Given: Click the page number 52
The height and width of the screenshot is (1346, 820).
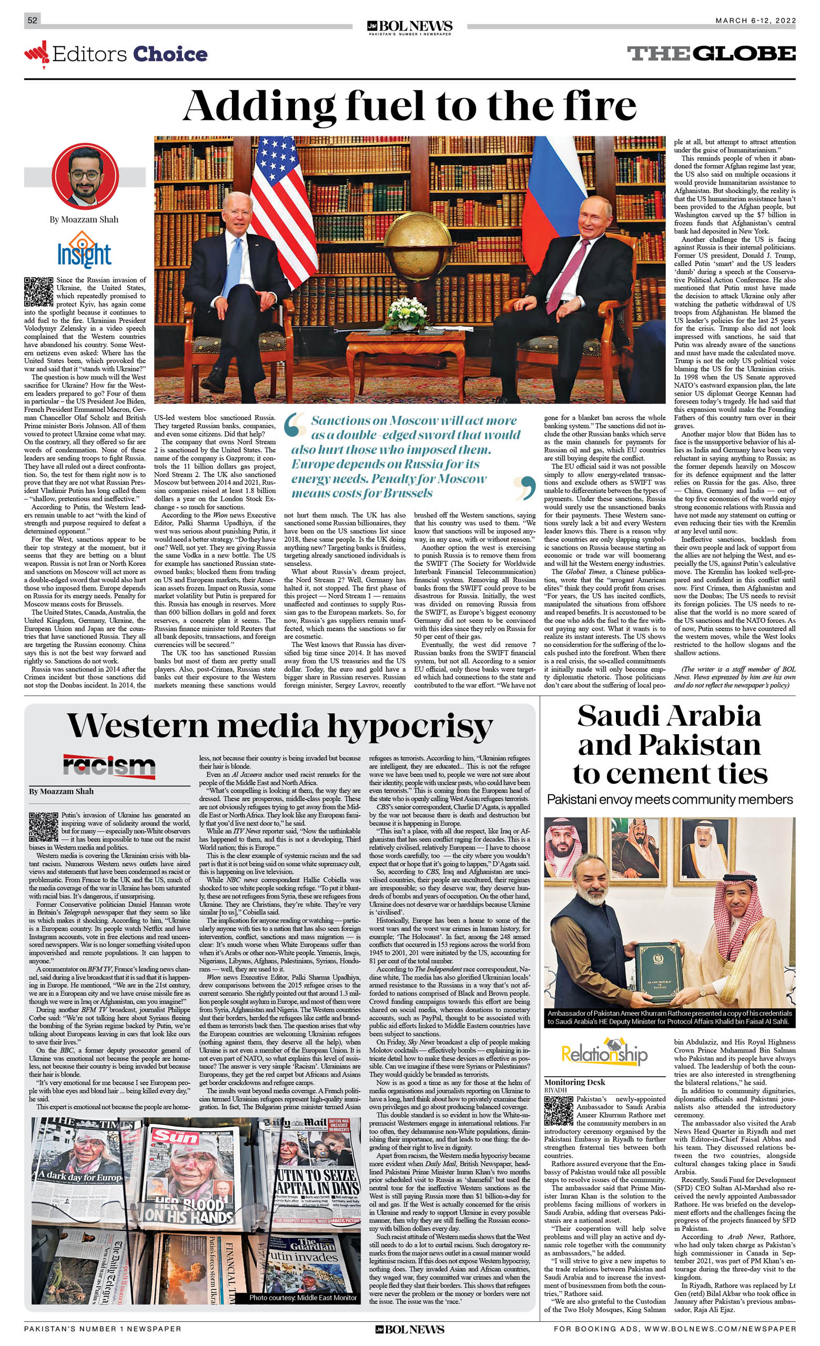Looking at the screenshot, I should [32, 20].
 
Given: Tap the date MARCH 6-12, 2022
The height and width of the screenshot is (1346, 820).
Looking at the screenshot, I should [755, 21].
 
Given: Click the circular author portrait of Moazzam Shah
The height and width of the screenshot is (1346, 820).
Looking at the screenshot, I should [85, 176].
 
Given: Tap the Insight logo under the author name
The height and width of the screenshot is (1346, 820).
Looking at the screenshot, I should [84, 250].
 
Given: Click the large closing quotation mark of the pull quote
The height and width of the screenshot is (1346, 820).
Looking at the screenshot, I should [525, 487].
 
